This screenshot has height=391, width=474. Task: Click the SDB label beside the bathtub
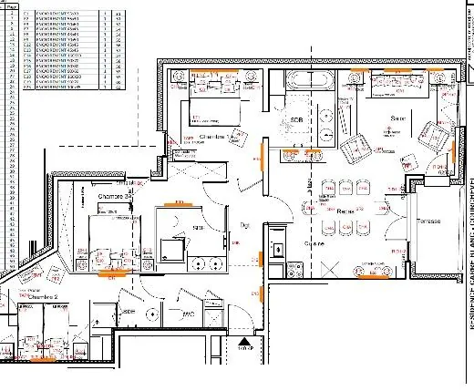click(296, 120)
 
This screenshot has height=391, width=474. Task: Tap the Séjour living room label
click(398, 119)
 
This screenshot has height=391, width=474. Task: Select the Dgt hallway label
click(244, 224)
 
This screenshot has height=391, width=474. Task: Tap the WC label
click(189, 314)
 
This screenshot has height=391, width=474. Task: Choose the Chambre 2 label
click(43, 297)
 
